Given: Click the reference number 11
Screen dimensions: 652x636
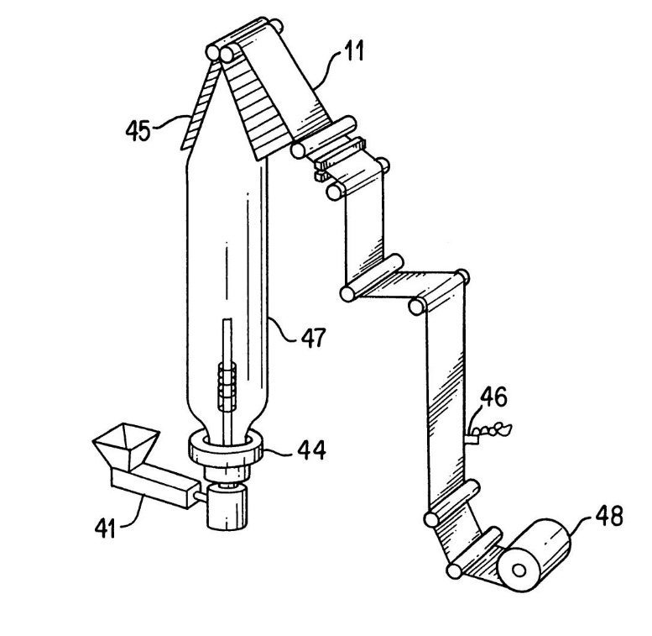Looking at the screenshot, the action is click(x=354, y=50).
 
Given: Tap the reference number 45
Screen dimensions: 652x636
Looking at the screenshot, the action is click(x=138, y=130).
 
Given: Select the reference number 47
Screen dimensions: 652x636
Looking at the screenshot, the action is click(x=313, y=338).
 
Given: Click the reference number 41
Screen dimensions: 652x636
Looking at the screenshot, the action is click(x=106, y=528).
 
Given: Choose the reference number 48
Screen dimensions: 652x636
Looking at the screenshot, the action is click(x=609, y=516).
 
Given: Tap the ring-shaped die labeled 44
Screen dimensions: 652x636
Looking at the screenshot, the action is click(x=226, y=447).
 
